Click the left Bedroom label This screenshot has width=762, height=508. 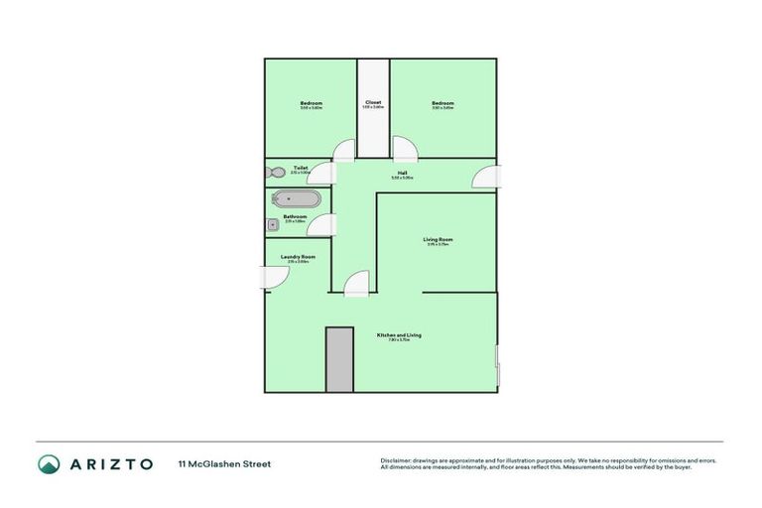click(312, 103)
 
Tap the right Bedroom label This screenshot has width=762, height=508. click(443, 103)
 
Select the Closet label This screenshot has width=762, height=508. click(373, 102)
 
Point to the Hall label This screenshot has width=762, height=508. click(402, 173)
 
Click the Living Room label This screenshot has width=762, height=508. click(438, 239)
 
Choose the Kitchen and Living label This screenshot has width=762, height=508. click(399, 335)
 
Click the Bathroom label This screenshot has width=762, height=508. click(295, 216)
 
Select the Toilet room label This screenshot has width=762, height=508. click(300, 168)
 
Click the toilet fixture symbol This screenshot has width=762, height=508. click(276, 173)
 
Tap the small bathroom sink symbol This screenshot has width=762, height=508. click(271, 225)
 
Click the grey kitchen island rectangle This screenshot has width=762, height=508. click(339, 358)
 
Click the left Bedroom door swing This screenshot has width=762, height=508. click(343, 150)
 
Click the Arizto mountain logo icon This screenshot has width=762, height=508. click(49, 463)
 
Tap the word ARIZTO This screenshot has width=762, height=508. click(111, 463)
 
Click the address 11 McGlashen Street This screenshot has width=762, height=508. click(224, 463)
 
